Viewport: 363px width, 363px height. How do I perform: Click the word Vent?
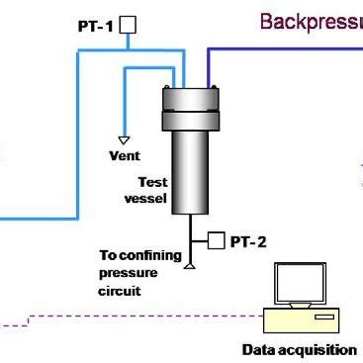point(123,155)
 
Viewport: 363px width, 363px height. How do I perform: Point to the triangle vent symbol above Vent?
point(125,139)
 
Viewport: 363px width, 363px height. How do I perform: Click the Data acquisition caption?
point(299,349)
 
